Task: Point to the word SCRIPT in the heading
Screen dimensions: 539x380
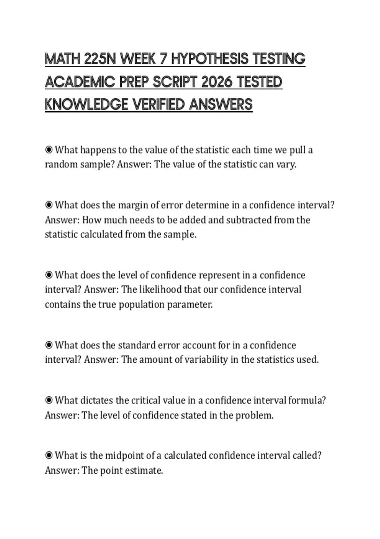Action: click(x=175, y=82)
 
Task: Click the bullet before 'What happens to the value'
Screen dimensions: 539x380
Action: click(x=49, y=150)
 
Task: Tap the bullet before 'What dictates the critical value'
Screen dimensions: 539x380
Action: click(x=49, y=400)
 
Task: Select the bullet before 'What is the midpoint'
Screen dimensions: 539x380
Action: click(x=49, y=456)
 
